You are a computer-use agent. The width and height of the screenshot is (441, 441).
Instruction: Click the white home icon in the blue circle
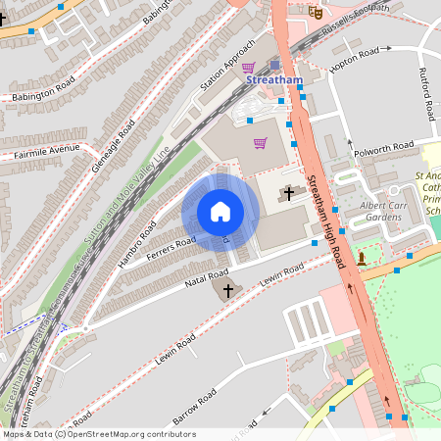tap(220, 211)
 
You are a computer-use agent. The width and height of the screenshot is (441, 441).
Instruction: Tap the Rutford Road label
tap(427, 97)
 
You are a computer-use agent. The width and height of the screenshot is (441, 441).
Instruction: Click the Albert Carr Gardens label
tap(382, 210)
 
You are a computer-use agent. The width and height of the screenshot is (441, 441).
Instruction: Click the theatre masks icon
tap(316, 11)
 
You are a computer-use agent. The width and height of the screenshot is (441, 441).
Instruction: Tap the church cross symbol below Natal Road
tap(228, 290)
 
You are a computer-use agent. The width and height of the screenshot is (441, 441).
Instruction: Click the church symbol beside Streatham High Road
tap(288, 193)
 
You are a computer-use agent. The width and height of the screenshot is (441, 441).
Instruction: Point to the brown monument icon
tap(362, 259)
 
